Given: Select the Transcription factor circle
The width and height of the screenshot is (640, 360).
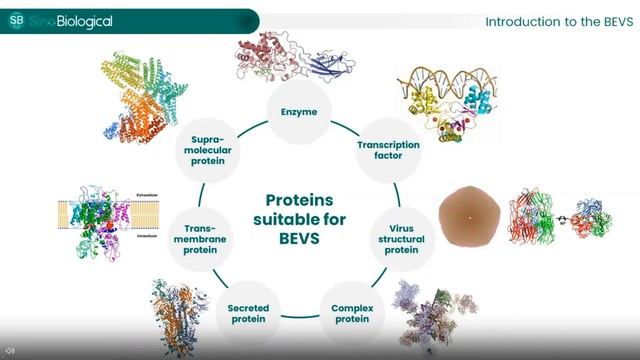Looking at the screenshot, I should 388,151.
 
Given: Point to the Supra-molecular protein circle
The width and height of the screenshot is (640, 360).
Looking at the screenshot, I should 211,151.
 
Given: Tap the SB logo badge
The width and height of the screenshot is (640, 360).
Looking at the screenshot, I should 16,20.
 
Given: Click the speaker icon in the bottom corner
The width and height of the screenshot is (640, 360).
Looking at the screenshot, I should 10,351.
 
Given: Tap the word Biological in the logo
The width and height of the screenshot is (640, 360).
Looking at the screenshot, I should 85,21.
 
